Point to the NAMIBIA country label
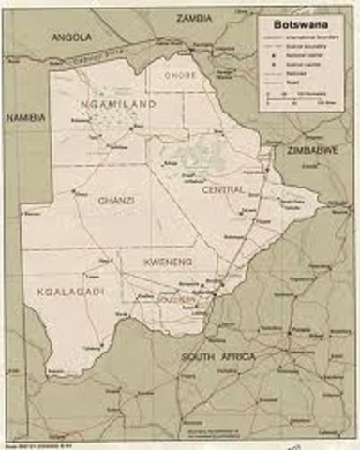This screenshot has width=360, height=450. pyautogui.click(x=25, y=118)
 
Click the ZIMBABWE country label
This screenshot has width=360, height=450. pyautogui.click(x=315, y=148)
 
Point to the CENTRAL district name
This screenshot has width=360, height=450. pyautogui.click(x=223, y=189)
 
